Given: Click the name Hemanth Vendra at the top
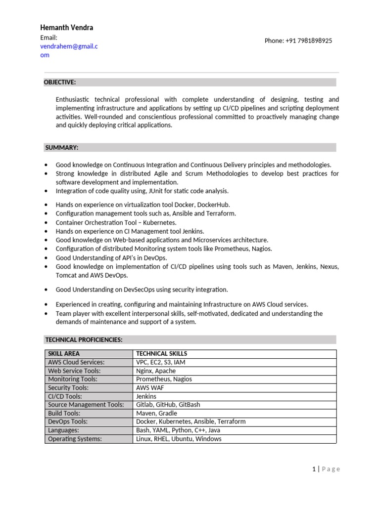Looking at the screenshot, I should (66, 28).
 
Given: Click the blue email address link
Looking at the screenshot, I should (69, 50).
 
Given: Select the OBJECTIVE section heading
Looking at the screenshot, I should (60, 82).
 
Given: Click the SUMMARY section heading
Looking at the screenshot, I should (61, 147).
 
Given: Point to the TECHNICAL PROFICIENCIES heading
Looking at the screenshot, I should (84, 339).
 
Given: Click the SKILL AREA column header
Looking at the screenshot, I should (64, 354).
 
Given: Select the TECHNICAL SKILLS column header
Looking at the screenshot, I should (161, 354).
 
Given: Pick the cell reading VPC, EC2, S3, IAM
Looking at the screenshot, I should (161, 362).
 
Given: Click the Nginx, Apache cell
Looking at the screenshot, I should (156, 371).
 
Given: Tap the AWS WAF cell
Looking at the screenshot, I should (150, 388).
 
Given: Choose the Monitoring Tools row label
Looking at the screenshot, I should (73, 379).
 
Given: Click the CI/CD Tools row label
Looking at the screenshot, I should (65, 396).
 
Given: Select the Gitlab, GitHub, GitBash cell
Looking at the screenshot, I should (168, 405).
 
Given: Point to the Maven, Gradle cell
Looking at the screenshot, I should (156, 413).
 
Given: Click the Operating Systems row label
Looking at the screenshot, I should (75, 439).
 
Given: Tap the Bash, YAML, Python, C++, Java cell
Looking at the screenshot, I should (179, 430).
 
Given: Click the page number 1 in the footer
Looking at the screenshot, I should (314, 469).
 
